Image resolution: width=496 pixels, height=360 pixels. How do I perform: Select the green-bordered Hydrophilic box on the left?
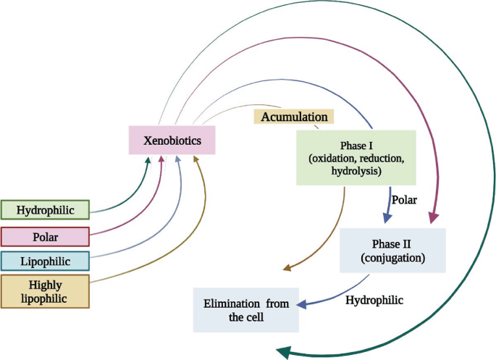point(45,210)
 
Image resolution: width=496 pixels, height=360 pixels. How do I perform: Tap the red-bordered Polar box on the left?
point(45,237)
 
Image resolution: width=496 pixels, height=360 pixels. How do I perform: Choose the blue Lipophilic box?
point(45,260)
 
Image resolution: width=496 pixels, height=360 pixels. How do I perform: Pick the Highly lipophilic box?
point(45,291)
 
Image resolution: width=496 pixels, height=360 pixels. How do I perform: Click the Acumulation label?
point(293,117)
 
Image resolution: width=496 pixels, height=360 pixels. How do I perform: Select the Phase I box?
point(356,158)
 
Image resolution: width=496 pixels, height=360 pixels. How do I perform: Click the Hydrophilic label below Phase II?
point(374,298)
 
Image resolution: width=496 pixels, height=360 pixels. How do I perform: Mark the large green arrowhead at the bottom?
point(284,351)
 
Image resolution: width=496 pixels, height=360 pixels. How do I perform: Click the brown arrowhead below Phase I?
point(287,269)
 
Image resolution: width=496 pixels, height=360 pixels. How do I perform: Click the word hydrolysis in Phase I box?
point(356,172)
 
